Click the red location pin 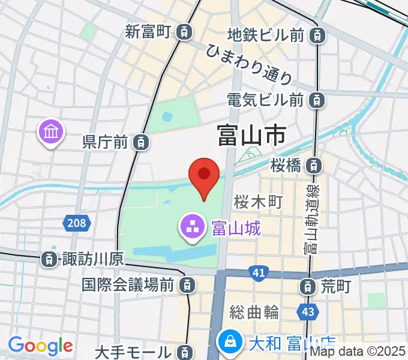point(203,176)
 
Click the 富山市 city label point(251,136)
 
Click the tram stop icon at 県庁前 point(140,142)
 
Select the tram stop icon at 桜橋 point(312,165)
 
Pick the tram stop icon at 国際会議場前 point(188,284)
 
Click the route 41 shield point(259,274)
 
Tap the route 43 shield point(307,312)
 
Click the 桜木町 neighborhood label point(259,202)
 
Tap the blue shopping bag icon point(229,343)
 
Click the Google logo point(40,345)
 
